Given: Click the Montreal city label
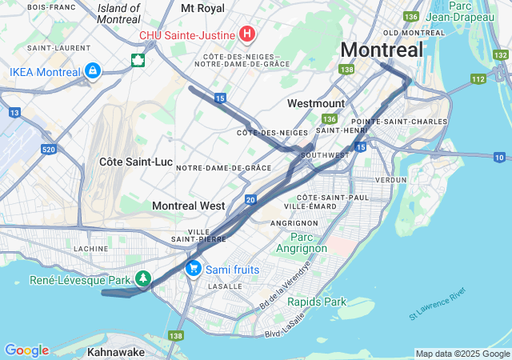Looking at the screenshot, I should coord(382,50).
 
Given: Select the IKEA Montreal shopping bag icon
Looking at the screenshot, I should coord(93,71).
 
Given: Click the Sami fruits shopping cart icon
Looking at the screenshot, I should coord(193,269).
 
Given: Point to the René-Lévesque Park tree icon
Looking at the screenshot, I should coord(143,279).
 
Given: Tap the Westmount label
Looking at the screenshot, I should coord(315,103).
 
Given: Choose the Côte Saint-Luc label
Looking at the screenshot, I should coord(135,162).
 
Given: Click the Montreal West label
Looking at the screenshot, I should coord(188,206).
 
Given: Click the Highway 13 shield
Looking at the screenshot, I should coord(14,113).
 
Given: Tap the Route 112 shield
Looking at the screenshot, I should coord(478,78).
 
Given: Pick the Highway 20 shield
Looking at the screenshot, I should coord(250,199).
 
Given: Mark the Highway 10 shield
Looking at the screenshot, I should coord(499,157).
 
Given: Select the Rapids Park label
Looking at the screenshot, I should coord(317,302).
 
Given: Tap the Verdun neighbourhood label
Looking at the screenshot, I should coord(391,180).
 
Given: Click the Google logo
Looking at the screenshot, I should coord(26,350).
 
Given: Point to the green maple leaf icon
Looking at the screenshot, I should coord(138,59).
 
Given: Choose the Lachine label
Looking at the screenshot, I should coord(90,249).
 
